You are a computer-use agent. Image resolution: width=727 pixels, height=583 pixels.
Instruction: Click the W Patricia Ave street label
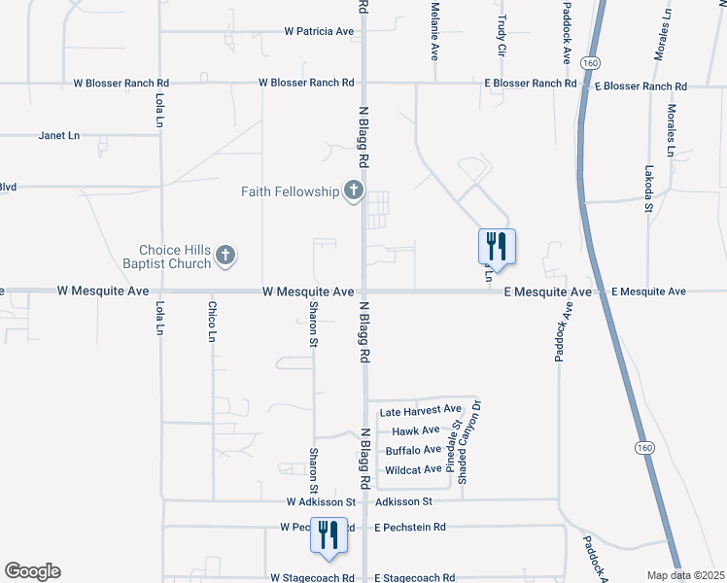point(319,31)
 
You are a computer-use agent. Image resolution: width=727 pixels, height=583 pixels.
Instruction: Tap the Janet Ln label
point(58,135)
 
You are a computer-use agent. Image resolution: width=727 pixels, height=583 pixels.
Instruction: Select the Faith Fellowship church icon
point(354,191)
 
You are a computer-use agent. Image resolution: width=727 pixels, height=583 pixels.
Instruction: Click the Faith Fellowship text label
point(290,191)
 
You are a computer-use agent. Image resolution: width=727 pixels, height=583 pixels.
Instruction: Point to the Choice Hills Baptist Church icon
point(225,257)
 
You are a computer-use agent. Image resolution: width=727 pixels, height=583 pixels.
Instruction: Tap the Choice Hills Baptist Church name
point(175,257)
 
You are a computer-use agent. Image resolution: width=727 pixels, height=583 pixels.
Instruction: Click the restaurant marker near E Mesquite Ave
point(497,247)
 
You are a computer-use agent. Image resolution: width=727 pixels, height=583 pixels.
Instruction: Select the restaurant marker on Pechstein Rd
point(329,535)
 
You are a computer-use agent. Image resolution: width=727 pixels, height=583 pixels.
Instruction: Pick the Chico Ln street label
point(212,322)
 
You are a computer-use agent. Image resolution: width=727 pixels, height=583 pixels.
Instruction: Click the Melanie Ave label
point(435,29)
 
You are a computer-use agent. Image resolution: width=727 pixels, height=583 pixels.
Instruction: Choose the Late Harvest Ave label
point(420,410)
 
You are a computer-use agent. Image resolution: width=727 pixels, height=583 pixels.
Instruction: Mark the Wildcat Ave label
point(414,469)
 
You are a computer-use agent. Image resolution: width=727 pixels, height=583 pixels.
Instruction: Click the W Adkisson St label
point(321,502)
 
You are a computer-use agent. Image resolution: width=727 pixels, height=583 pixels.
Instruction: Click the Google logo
point(32,571)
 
